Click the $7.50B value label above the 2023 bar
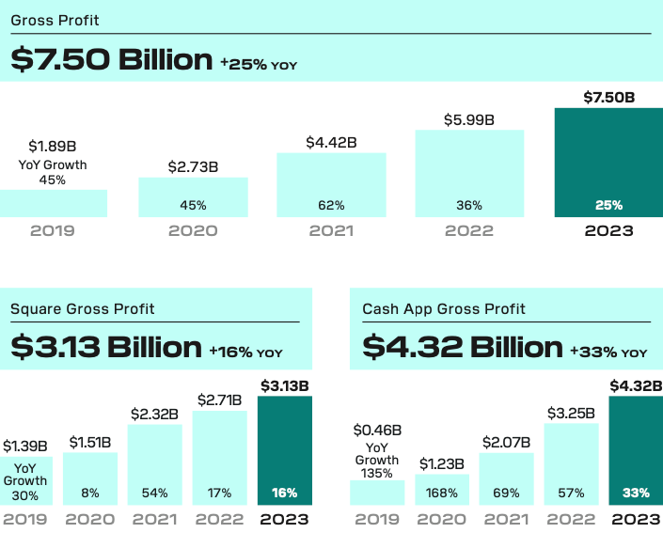[x=608, y=97]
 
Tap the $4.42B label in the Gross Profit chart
[x=331, y=142]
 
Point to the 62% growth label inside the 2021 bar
[x=331, y=205]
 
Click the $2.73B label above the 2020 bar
[x=193, y=166]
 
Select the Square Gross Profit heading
[x=83, y=308]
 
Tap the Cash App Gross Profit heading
[x=444, y=308]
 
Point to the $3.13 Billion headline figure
[x=106, y=347]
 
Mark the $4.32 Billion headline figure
[x=462, y=347]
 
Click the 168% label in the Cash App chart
[x=441, y=493]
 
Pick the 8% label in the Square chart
[x=90, y=493]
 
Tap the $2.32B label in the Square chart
[x=155, y=414]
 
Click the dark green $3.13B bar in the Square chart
[x=284, y=451]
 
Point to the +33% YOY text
[x=608, y=352]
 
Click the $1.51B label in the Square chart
[x=90, y=442]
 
